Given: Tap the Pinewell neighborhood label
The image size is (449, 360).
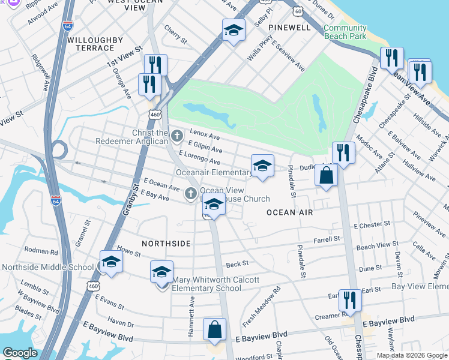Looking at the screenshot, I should (x=290, y=28).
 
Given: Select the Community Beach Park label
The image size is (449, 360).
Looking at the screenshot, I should (x=345, y=32).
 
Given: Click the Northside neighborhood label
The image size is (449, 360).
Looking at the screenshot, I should (x=166, y=244).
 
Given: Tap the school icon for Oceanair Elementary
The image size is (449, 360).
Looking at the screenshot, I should (x=262, y=166).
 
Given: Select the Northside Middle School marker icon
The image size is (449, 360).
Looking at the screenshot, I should (x=111, y=262).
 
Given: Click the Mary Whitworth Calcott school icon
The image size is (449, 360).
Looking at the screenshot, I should (x=161, y=272).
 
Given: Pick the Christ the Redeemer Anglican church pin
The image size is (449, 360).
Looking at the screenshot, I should (x=176, y=136).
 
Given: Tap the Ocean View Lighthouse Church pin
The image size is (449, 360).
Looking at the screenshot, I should (x=190, y=193).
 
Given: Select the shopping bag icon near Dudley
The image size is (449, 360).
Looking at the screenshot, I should (x=326, y=175).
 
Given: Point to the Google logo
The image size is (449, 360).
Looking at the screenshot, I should (x=20, y=352).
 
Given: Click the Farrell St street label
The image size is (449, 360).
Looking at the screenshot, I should (x=327, y=239).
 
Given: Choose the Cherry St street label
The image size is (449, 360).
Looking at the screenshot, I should (x=175, y=31).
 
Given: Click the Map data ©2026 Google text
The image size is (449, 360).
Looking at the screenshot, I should (x=411, y=355).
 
